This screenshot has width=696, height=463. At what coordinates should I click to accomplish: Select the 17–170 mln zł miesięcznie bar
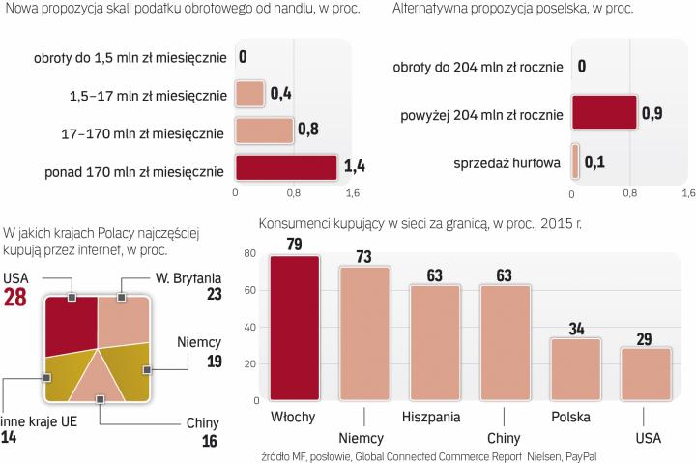pyautogui.click(x=264, y=130)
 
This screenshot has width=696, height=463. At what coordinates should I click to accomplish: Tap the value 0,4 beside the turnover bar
pyautogui.click(x=281, y=94)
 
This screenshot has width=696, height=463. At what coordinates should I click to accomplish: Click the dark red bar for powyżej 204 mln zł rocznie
pyautogui.click(x=604, y=113)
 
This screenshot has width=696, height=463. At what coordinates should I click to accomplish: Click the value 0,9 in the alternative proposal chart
pyautogui.click(x=652, y=114)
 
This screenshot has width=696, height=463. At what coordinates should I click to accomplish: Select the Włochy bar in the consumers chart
pyautogui.click(x=295, y=328)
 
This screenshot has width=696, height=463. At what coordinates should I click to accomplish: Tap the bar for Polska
pyautogui.click(x=575, y=369)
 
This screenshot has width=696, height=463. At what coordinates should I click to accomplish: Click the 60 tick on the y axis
pyautogui.click(x=249, y=291)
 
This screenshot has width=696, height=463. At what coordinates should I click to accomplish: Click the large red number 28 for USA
pyautogui.click(x=15, y=299)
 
